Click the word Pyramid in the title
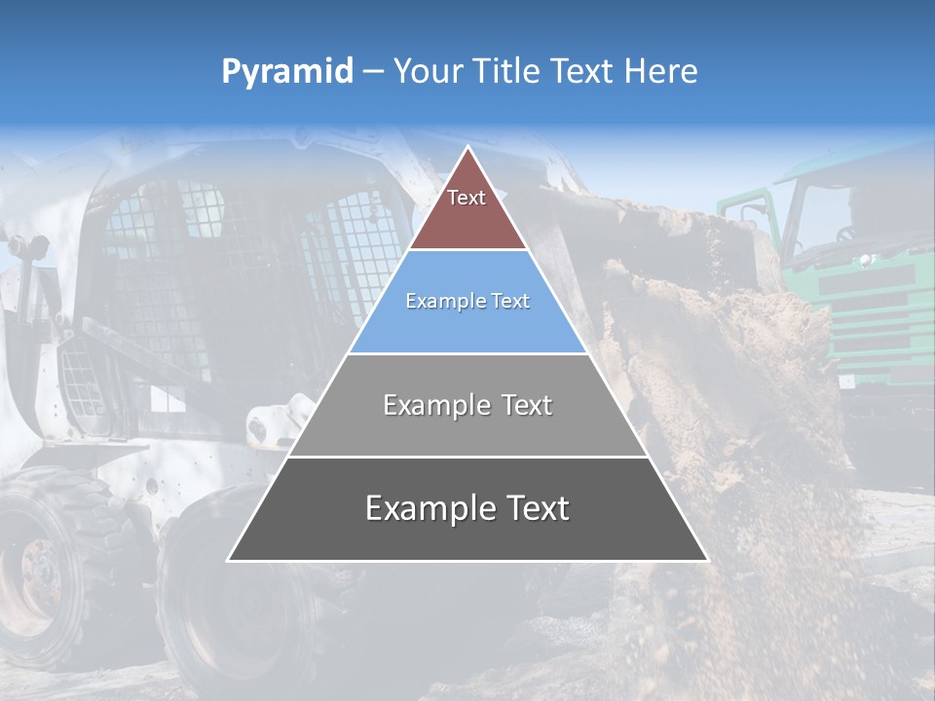pyautogui.click(x=287, y=72)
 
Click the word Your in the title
pyautogui.click(x=429, y=72)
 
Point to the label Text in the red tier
pyautogui.click(x=467, y=198)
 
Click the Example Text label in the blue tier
pyautogui.click(x=467, y=301)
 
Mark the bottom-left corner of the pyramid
pyautogui.click(x=229, y=560)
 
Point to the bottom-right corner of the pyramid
pyautogui.click(x=707, y=560)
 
